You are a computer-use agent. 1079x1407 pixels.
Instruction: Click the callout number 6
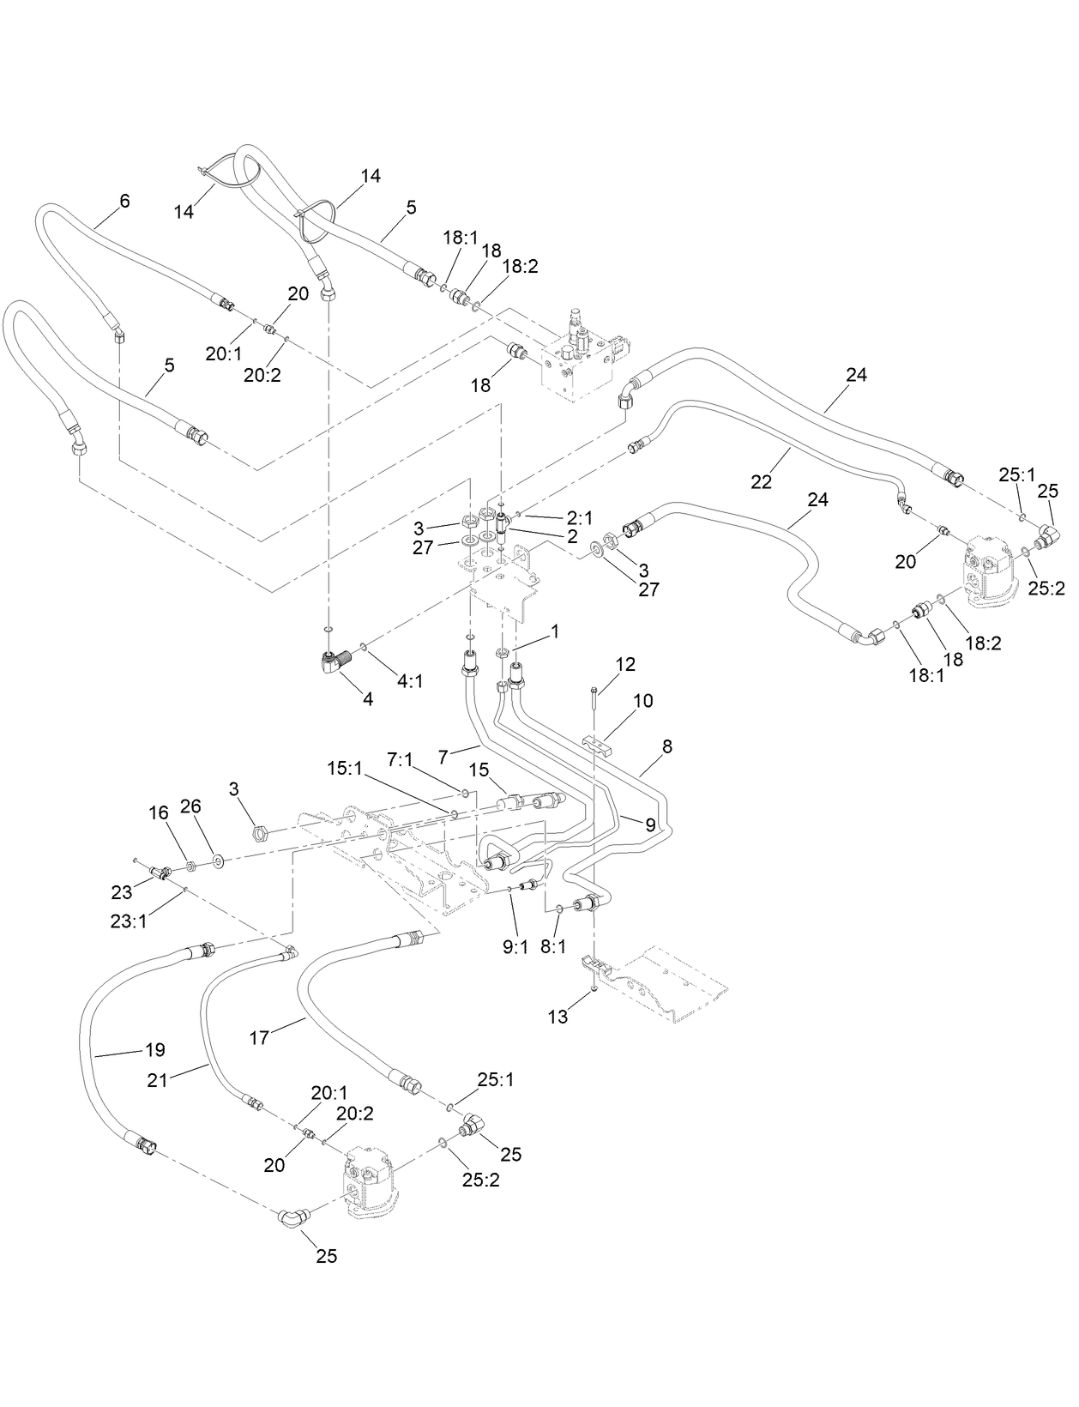point(124,201)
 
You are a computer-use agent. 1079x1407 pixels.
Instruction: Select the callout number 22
point(762,482)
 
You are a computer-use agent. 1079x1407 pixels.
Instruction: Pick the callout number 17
point(259,1037)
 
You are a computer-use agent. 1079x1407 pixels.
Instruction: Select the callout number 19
point(155,1049)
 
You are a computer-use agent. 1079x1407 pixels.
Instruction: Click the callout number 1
point(555,631)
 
